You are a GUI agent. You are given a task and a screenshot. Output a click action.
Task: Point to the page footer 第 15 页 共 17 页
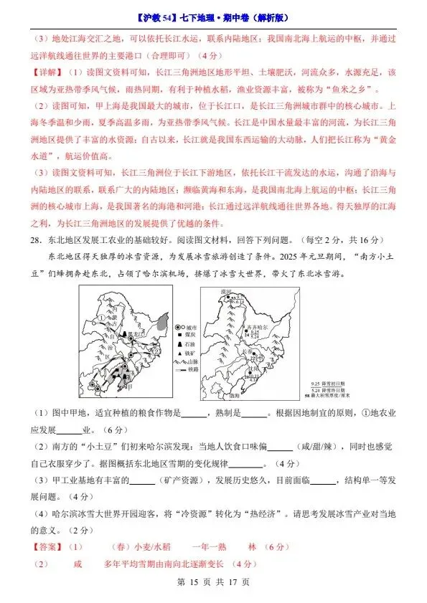pyautogui.click(x=213, y=583)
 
